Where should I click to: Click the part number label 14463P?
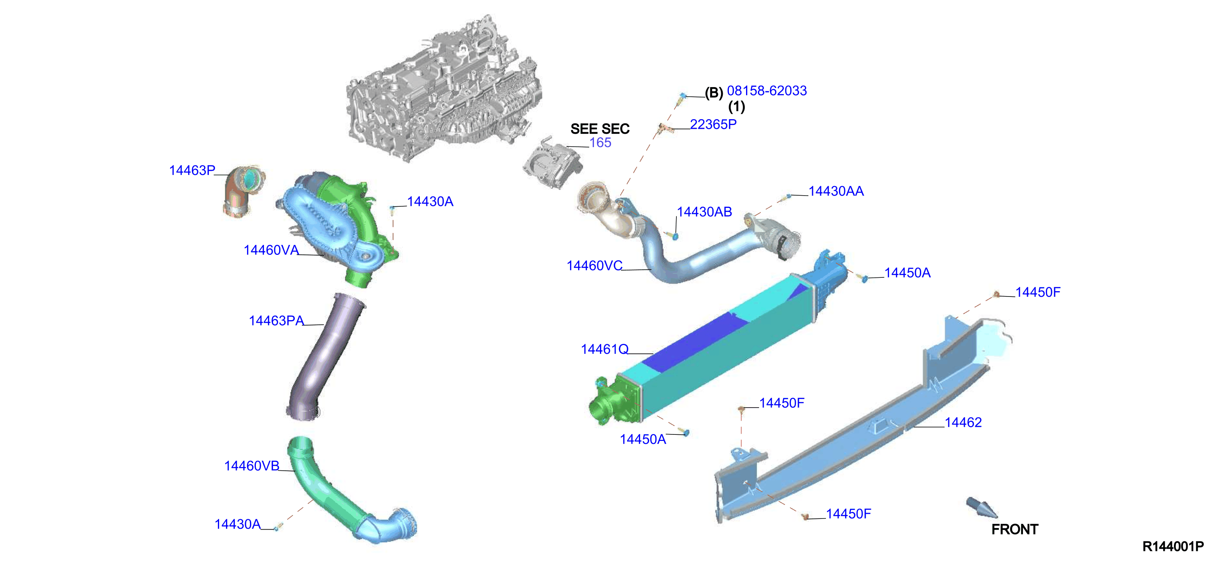192,170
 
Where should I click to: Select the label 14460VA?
271,250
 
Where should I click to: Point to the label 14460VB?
252,466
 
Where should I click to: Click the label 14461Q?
605,350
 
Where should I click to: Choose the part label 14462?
963,423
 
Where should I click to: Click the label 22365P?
713,125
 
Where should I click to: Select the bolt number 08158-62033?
767,91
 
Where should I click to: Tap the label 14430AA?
836,191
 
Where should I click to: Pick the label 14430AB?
705,212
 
